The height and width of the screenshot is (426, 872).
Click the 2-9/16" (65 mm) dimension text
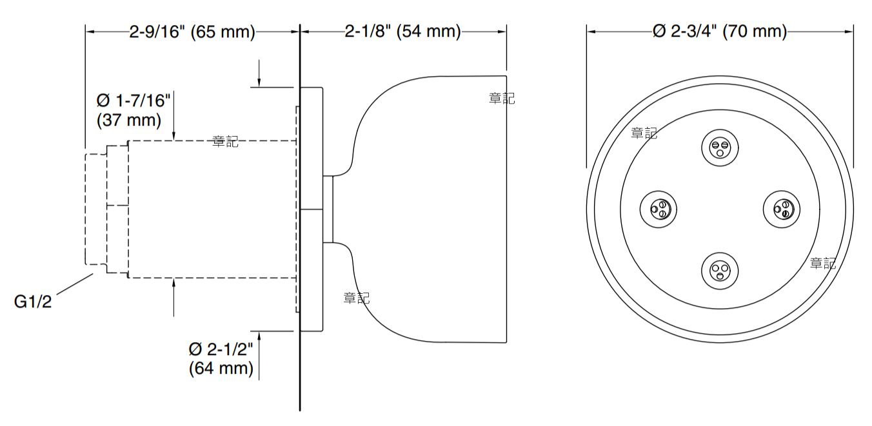point(192,32)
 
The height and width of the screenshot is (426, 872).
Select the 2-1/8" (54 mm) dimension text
point(403,31)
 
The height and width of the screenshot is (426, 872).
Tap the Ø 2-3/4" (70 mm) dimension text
point(720,31)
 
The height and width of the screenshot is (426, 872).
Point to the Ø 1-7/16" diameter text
point(134,101)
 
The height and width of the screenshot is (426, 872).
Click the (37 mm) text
point(129,120)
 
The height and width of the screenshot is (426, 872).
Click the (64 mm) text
point(221,368)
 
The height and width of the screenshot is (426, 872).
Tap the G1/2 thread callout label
point(33,302)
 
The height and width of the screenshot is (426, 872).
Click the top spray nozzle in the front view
point(720,148)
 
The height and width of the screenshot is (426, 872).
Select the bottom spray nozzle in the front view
point(720,271)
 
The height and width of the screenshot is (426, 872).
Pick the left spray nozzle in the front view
point(659,209)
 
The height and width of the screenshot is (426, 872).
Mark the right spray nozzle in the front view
point(782,209)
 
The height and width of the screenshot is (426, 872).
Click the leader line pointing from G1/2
point(75,284)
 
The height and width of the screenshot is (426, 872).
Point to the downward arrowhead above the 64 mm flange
point(259,82)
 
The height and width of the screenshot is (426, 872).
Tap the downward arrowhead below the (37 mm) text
point(173,135)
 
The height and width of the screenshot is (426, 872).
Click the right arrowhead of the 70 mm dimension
point(848,32)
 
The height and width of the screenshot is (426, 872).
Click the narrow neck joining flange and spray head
point(328,209)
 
